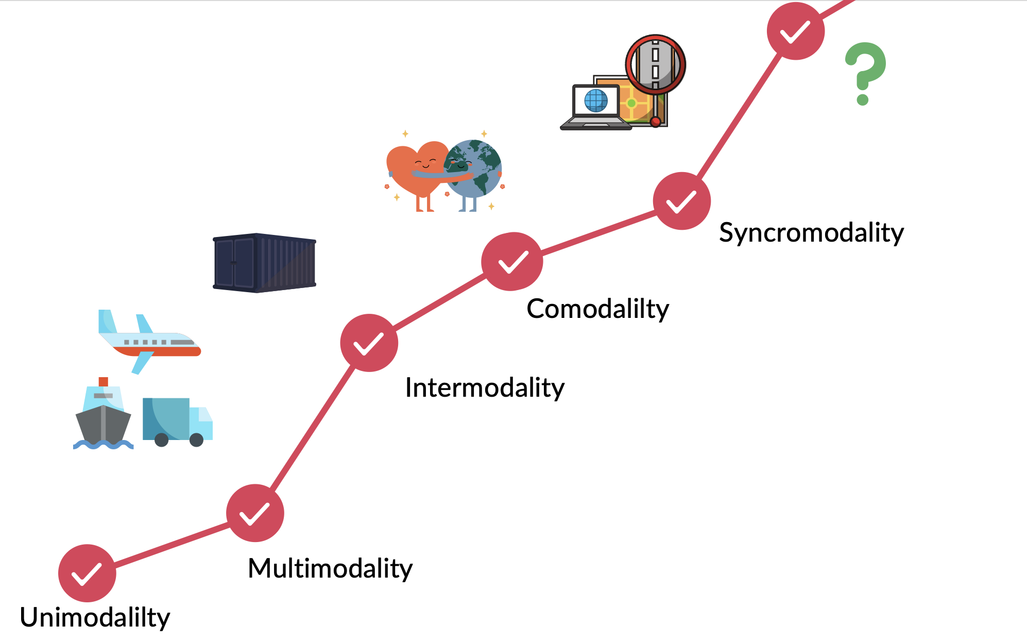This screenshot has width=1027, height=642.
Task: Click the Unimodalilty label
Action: click(x=95, y=617)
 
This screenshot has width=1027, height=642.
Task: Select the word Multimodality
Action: click(x=330, y=569)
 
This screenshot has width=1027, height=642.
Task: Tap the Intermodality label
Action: click(x=485, y=387)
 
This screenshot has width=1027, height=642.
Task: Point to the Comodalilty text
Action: click(x=597, y=309)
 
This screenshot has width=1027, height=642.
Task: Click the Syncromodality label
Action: click(x=811, y=232)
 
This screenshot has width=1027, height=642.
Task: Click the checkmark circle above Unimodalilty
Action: click(x=87, y=573)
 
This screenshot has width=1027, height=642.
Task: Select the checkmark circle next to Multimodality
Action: click(x=255, y=513)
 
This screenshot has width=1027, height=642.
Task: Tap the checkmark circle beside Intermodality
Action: click(x=369, y=343)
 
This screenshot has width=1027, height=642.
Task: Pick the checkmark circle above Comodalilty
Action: click(x=512, y=261)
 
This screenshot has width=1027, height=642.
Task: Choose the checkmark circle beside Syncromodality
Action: click(x=681, y=201)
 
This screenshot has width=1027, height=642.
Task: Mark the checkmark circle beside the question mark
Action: click(x=796, y=31)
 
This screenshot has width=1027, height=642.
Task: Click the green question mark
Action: click(x=865, y=72)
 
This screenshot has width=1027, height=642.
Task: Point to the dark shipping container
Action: click(x=264, y=263)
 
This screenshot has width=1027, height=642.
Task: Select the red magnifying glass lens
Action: click(x=655, y=64)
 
